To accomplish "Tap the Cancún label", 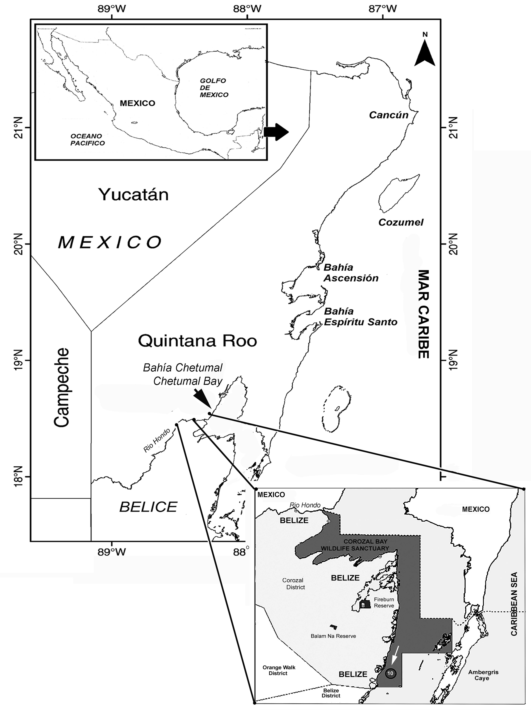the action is click(388, 115).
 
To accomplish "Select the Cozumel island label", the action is click(401, 222).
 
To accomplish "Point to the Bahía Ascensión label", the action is click(351, 273).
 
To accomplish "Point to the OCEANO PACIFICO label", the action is click(88, 140).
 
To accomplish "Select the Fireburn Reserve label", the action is click(384, 602).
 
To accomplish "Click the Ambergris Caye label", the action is click(483, 675).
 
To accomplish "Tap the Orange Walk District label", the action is click(279, 670).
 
